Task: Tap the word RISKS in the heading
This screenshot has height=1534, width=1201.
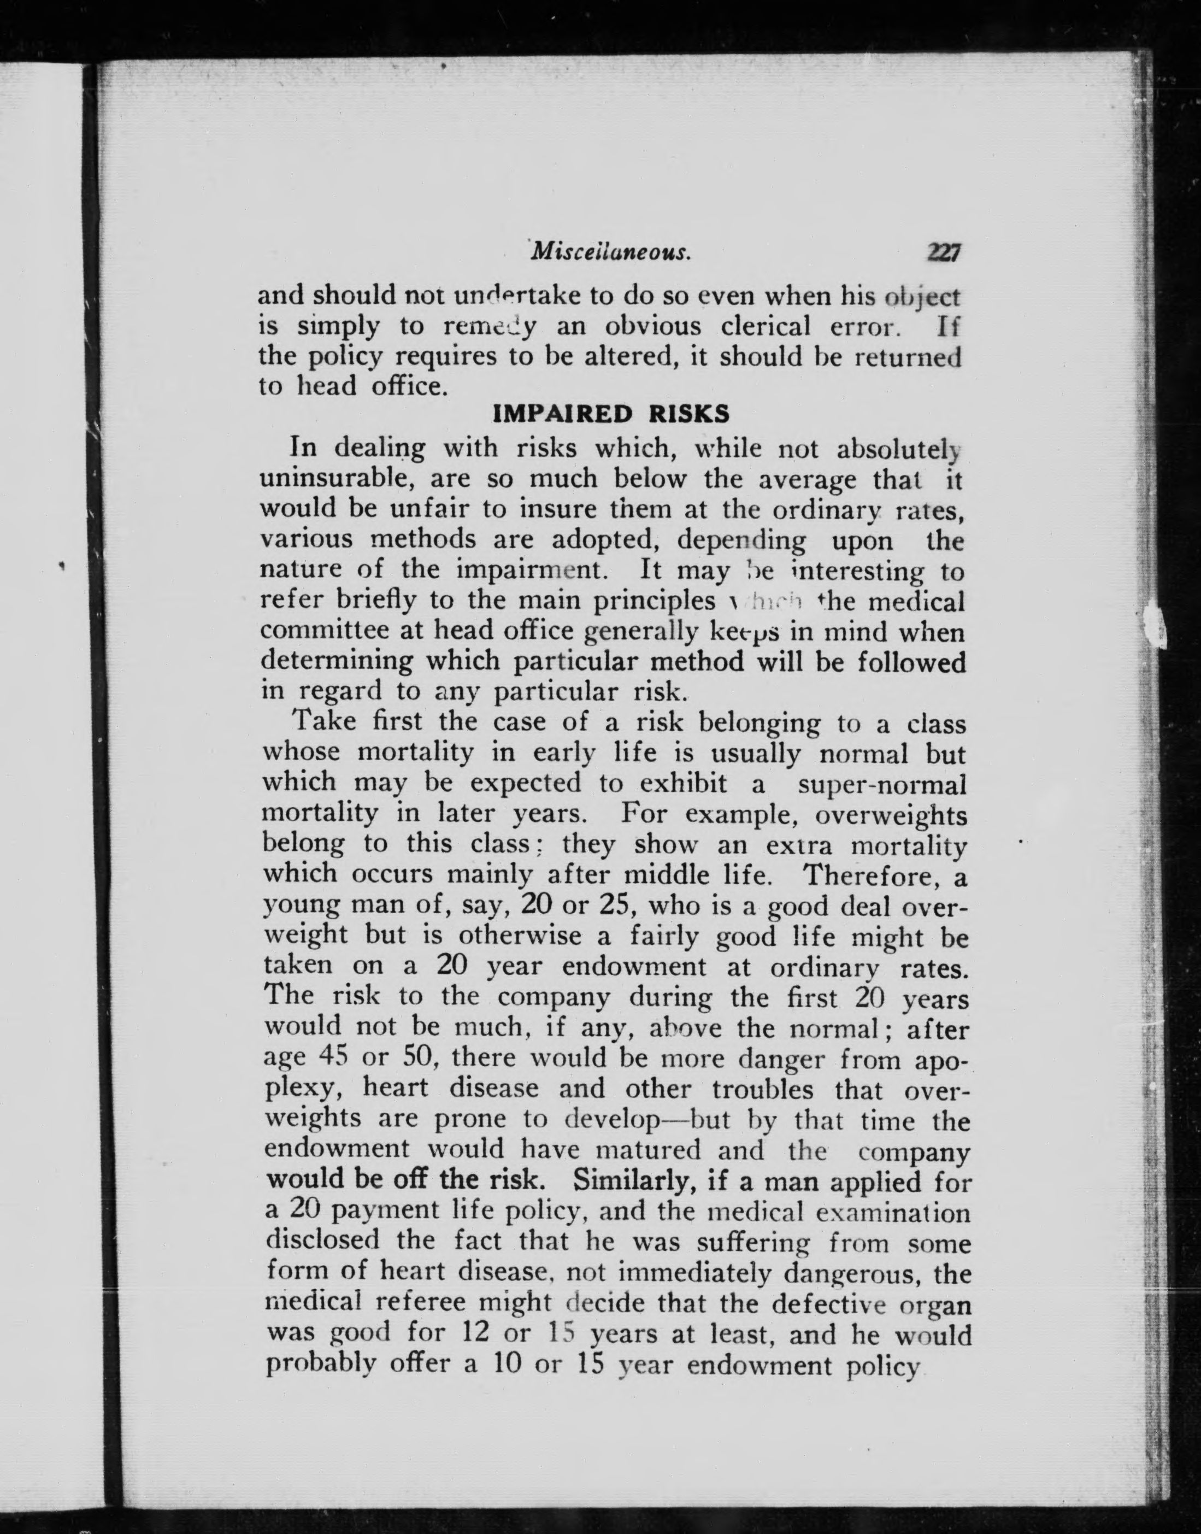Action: pos(688,414)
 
